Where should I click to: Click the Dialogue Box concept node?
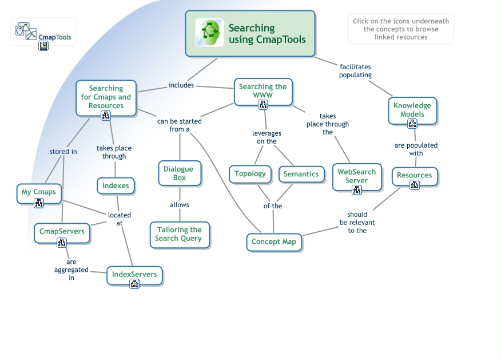point(178,173)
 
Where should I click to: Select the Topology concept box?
point(250,174)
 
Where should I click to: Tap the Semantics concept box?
point(301,174)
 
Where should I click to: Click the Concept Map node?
point(274,242)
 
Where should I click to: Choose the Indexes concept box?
point(116,185)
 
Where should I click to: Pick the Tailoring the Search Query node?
point(180,234)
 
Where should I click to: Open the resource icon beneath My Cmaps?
point(39,203)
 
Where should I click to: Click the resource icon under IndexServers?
point(134,284)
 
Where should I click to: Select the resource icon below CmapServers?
point(62,242)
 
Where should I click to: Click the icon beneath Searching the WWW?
point(263,104)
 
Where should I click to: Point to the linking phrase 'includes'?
point(181,85)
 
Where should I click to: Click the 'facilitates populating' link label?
point(355,71)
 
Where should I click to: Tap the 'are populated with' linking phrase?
point(416,149)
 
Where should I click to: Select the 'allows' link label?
point(179,204)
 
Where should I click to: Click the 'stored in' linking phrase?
point(63,152)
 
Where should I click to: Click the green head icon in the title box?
point(209,33)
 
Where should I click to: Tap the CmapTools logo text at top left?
point(55,38)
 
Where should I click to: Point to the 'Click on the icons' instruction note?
point(400,29)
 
